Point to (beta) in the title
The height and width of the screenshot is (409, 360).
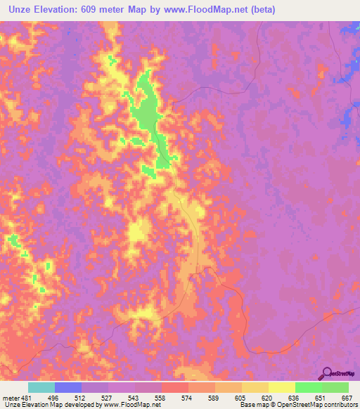point(259,10)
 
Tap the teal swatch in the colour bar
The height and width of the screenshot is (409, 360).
point(41,388)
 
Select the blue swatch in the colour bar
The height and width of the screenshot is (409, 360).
point(68,388)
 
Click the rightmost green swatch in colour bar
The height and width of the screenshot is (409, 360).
point(335,388)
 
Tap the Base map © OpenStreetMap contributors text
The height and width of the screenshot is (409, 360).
point(297,404)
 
